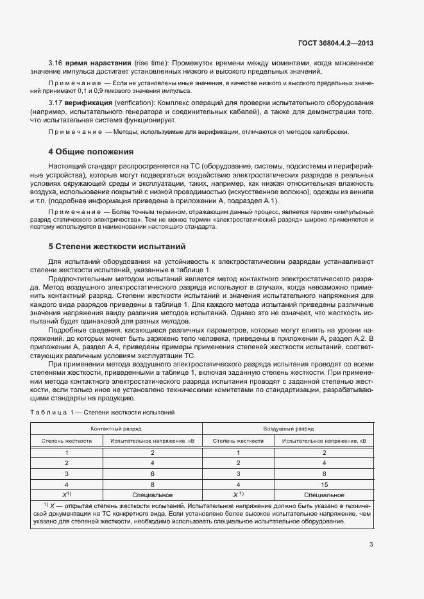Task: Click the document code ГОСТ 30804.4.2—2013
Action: [x=335, y=43]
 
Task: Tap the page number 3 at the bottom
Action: [x=371, y=545]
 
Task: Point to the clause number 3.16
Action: [x=55, y=63]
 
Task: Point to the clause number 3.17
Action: [x=55, y=103]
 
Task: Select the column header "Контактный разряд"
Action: [x=116, y=429]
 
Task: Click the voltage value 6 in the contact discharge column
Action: [x=152, y=473]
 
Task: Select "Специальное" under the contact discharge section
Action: [x=152, y=495]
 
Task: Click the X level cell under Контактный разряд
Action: [x=66, y=495]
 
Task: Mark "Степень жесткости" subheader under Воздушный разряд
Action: [x=239, y=441]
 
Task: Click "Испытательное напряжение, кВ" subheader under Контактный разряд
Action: [x=152, y=441]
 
